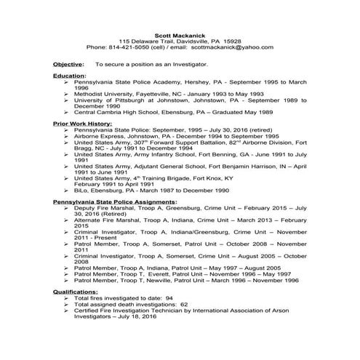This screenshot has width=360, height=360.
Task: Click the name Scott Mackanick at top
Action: [x=179, y=34]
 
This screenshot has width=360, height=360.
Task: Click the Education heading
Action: [x=69, y=76]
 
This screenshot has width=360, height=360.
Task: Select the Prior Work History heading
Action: [x=81, y=124]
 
